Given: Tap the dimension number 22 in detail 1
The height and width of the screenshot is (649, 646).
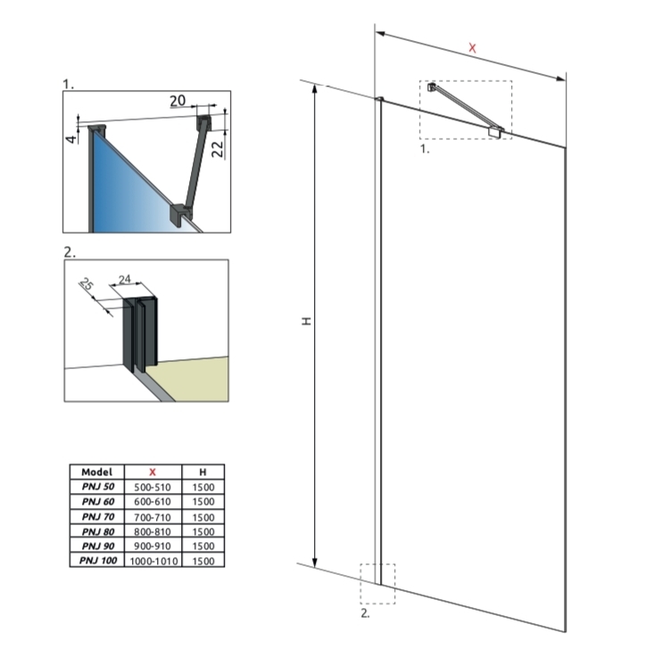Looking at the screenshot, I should (216, 144).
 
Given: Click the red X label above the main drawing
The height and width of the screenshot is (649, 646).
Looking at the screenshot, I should (472, 47).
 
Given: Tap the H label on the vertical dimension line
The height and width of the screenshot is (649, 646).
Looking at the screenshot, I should (305, 320).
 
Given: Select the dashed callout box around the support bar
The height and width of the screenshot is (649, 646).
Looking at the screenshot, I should (465, 110).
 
